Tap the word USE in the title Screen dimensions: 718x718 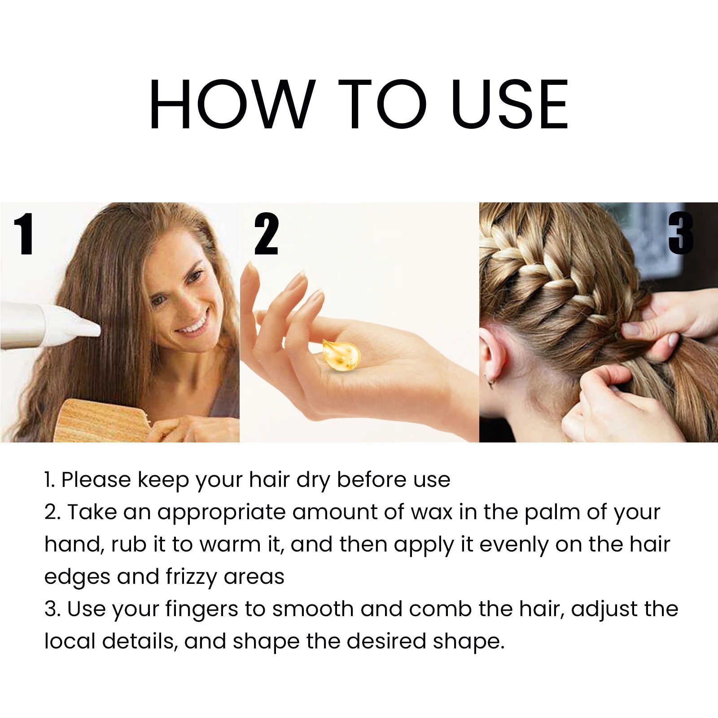[x=510, y=104]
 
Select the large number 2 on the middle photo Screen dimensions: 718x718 [x=266, y=234]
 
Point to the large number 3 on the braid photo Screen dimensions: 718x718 [x=680, y=233]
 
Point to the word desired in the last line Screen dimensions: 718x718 [x=386, y=642]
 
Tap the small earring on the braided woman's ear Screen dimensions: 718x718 [x=490, y=384]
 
